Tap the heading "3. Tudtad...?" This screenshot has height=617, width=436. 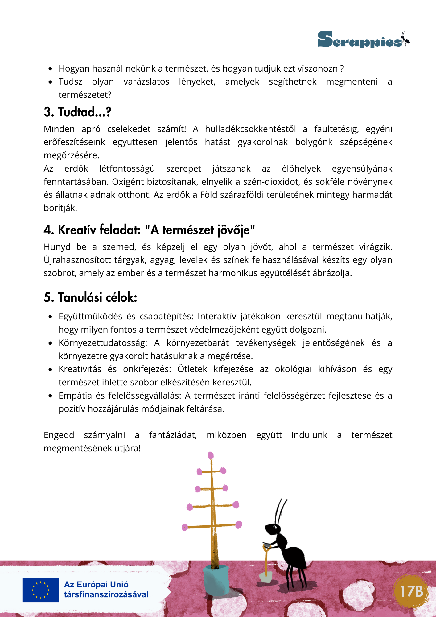77,112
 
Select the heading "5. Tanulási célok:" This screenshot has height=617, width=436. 90,297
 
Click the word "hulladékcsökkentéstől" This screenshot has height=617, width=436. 250,129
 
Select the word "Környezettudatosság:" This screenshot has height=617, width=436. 103,343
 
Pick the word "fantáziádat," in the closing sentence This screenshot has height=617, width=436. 173,435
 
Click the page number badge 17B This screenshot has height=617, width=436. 411,591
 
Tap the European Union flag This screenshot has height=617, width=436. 40,590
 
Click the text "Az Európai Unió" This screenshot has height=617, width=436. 96,585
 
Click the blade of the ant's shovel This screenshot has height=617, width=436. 265,576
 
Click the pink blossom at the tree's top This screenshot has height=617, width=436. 211,456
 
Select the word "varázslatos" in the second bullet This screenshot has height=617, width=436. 146,81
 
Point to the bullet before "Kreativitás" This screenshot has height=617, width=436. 50,369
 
